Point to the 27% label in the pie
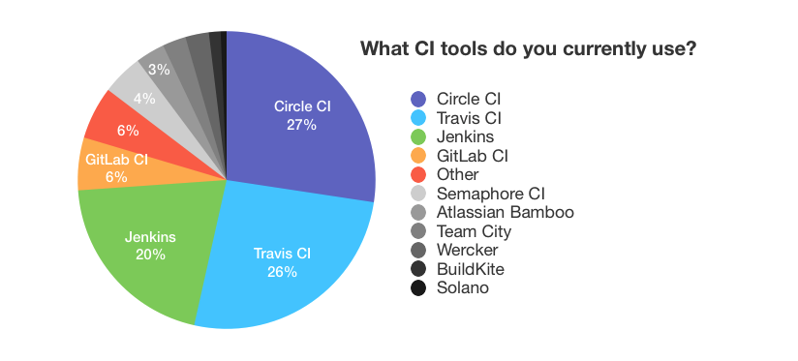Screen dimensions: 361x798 [301, 125]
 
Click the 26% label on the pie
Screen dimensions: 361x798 [282, 271]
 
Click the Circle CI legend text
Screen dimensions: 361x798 [469, 99]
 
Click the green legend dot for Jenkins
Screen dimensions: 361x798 [418, 136]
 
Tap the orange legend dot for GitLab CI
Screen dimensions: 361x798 [418, 155]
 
